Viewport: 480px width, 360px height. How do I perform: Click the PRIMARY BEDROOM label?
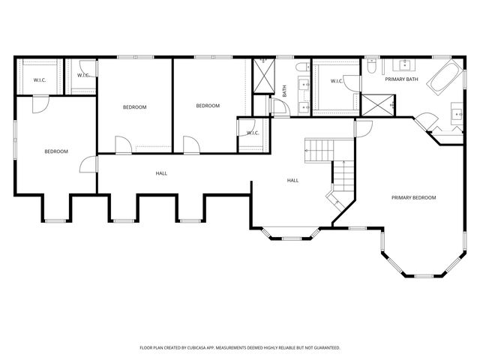pyautogui.click(x=413, y=197)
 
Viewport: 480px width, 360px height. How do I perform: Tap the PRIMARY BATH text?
pyautogui.click(x=401, y=79)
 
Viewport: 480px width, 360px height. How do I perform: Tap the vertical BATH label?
pyautogui.click(x=284, y=91)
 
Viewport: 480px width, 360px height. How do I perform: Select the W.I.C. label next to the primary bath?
pyautogui.click(x=337, y=80)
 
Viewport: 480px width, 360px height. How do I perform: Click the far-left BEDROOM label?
pyautogui.click(x=56, y=151)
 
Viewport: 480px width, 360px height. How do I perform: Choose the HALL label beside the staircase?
pyautogui.click(x=293, y=180)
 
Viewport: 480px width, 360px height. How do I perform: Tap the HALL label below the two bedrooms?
pyautogui.click(x=161, y=173)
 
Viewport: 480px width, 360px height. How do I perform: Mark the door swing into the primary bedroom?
pyautogui.click(x=364, y=128)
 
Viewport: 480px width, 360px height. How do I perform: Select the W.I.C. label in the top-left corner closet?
pyautogui.click(x=39, y=80)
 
